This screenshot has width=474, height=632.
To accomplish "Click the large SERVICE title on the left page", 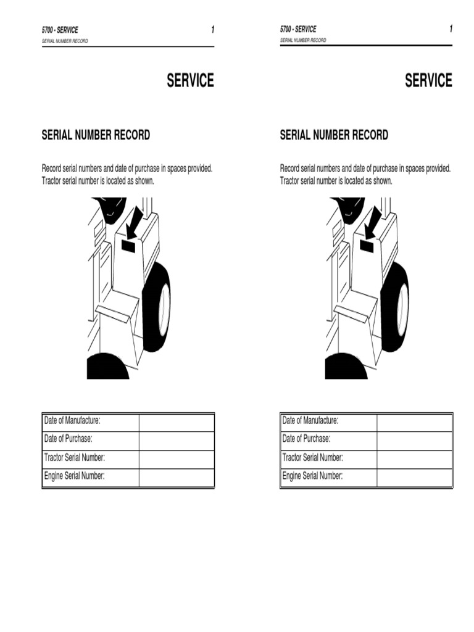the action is [x=190, y=80].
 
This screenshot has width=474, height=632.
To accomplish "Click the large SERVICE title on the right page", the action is [x=428, y=80].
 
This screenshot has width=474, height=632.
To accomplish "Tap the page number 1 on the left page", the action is [x=213, y=30].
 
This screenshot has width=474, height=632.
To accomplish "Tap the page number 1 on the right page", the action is [x=451, y=28].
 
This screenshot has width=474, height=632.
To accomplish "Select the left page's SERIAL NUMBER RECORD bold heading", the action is [x=96, y=135].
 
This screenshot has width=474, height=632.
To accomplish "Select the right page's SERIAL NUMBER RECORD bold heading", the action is [x=334, y=135].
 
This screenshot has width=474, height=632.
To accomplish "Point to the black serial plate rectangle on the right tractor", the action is [x=367, y=246].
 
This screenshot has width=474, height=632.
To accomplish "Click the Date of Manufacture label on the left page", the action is [x=72, y=421].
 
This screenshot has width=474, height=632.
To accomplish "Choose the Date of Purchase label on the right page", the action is [x=306, y=439].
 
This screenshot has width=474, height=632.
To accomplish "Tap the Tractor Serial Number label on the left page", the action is [x=75, y=457].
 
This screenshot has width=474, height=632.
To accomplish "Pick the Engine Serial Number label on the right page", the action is [x=312, y=476].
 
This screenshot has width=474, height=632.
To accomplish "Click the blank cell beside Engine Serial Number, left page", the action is [x=177, y=478].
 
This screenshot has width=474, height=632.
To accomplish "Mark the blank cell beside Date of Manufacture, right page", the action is [x=415, y=423].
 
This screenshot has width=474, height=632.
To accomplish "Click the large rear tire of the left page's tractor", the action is [x=156, y=306].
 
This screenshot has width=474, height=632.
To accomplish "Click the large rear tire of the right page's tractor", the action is [x=394, y=306].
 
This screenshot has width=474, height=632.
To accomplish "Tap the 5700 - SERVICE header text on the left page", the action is [x=60, y=30].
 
